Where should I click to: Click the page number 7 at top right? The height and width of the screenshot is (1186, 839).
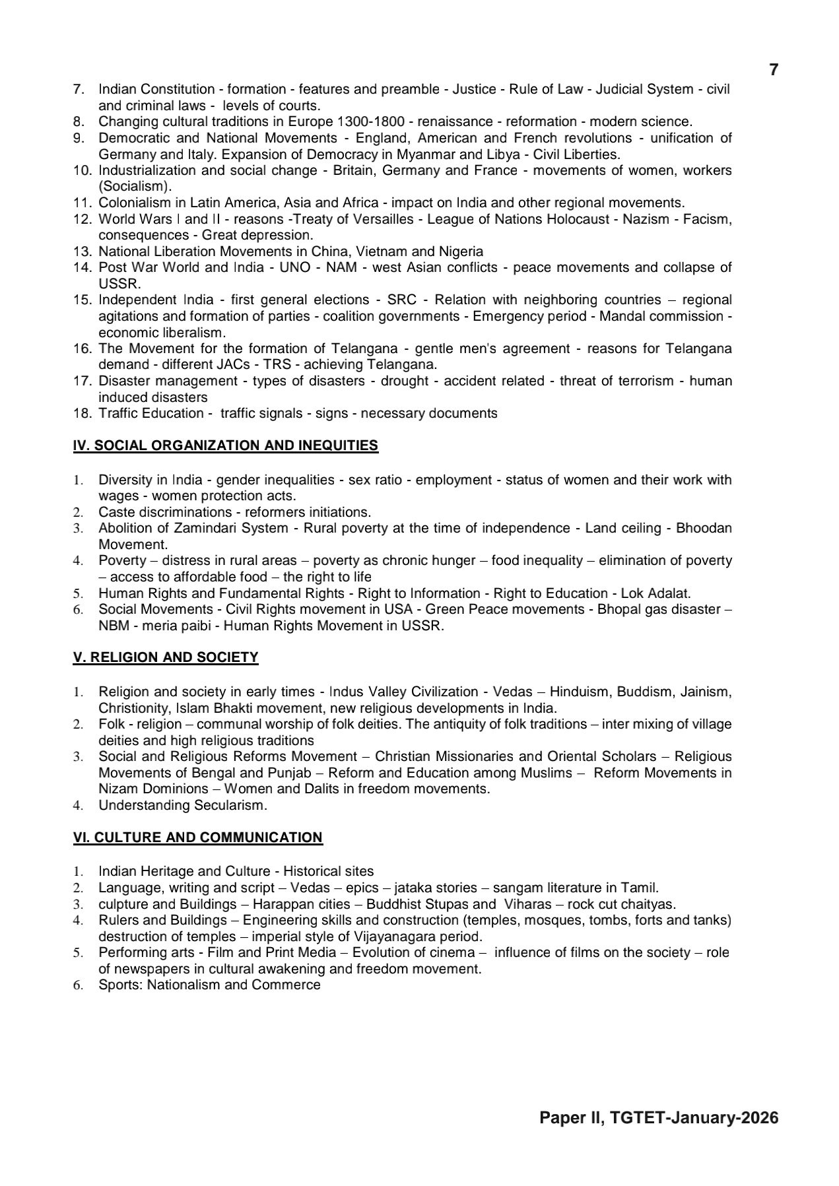click(774, 70)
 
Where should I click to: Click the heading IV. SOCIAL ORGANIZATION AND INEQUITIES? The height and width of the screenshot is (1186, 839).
click(225, 445)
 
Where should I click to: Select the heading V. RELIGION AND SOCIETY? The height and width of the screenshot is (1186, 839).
click(165, 657)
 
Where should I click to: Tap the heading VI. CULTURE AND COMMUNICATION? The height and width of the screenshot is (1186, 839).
click(197, 838)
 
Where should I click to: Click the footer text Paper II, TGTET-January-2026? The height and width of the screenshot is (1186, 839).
click(659, 1117)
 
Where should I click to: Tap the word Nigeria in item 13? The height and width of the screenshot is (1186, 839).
click(459, 251)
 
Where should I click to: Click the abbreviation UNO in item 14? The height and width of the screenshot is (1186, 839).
click(294, 267)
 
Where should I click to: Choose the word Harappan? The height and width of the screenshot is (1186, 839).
click(280, 904)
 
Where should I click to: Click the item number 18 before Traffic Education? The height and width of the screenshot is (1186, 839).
click(82, 413)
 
